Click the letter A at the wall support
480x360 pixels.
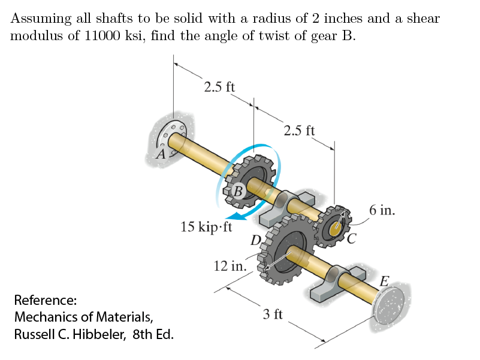pos(159,154)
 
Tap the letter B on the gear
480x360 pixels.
pos(238,192)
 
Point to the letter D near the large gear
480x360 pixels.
pos(256,241)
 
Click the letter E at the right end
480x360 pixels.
pos(386,281)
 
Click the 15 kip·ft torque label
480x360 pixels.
pos(206,227)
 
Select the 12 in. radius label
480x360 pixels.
pos(230,265)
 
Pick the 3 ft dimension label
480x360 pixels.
pos(273,313)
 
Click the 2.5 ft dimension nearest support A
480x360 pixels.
pos(219,87)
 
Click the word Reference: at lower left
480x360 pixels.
pos(45,299)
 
